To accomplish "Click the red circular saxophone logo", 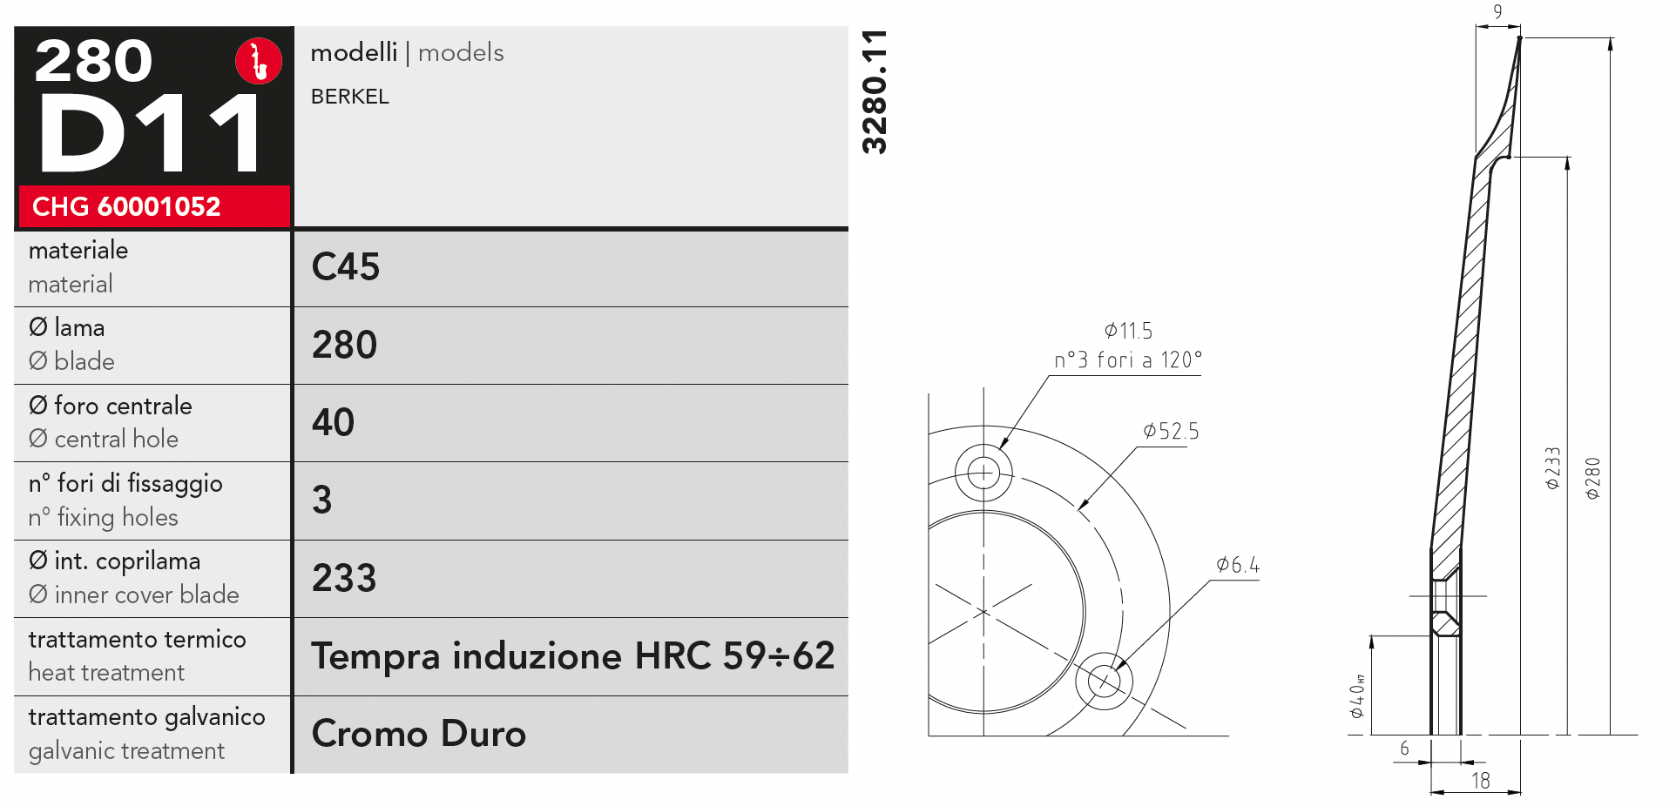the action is click(259, 61).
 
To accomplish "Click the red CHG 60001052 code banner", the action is click(154, 206).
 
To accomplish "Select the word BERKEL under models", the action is click(350, 97).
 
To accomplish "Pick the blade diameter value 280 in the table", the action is click(345, 345).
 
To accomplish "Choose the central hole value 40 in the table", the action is click(334, 422).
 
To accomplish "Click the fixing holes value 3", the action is click(322, 500).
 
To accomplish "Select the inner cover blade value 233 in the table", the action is click(345, 578).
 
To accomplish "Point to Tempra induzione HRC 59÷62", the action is click(573, 655).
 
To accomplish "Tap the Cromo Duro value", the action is click(419, 734).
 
